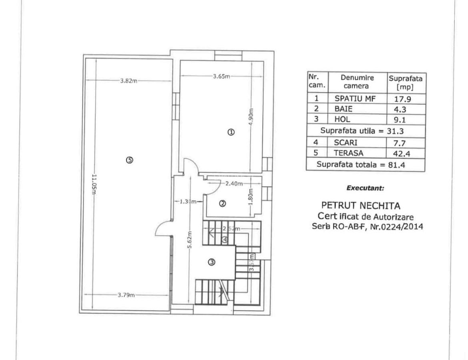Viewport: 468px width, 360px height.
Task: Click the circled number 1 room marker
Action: pos(231,132)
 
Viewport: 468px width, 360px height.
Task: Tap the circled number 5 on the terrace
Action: pos(129,160)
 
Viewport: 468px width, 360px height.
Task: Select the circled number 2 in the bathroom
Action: pos(223,204)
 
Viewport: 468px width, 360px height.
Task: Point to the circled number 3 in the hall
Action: pos(212,262)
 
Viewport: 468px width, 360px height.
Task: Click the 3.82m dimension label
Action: pos(129,81)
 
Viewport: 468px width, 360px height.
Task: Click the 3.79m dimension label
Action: pos(126,295)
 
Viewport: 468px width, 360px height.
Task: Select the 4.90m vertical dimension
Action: pos(251,117)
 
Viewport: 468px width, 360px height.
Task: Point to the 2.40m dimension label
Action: pos(234,184)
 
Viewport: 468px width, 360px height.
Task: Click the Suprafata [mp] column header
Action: pos(405,82)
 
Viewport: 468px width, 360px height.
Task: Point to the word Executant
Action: pos(365,187)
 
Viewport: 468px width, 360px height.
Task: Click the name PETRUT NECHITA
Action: pos(361,206)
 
